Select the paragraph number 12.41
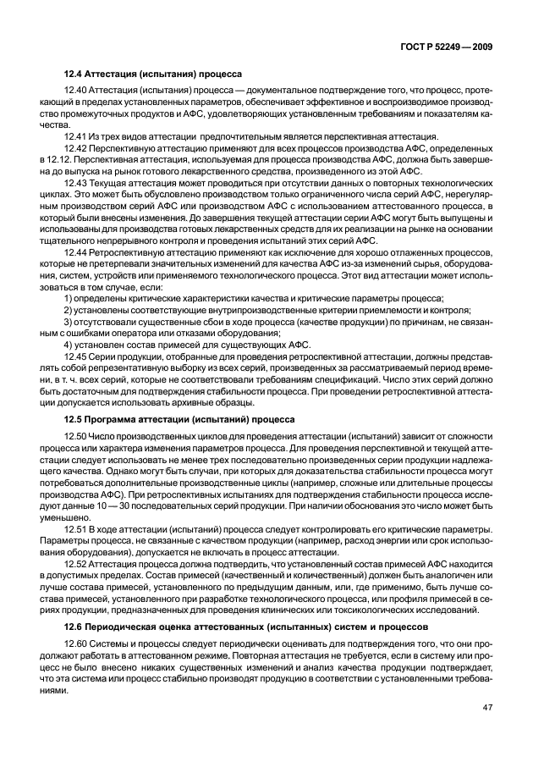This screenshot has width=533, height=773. point(77,135)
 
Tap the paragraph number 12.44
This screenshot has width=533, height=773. point(77,252)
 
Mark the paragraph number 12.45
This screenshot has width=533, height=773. point(77,355)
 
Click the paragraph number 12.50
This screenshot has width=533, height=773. point(77,434)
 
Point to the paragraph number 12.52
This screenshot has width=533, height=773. point(77,562)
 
